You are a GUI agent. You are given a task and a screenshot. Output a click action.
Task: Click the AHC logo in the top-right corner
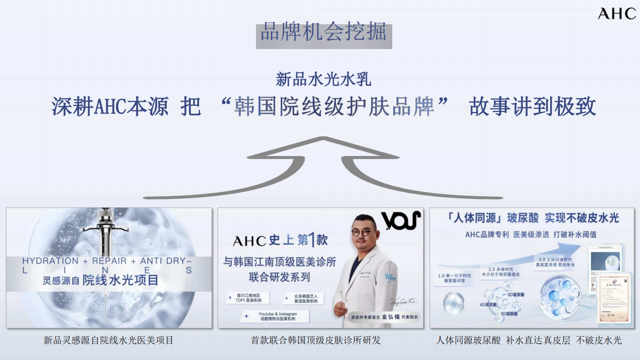pyautogui.click(x=617, y=13)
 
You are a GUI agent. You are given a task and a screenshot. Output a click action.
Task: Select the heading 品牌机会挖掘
pyautogui.click(x=324, y=32)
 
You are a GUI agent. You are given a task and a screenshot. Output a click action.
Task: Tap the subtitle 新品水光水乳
pyautogui.click(x=324, y=79)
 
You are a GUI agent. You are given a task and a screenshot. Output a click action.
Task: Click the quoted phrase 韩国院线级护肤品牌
pyautogui.click(x=334, y=106)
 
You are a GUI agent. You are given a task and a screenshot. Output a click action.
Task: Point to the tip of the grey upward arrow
pyautogui.click(x=323, y=138)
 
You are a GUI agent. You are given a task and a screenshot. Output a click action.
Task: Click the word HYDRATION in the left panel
pyautogui.click(x=51, y=261)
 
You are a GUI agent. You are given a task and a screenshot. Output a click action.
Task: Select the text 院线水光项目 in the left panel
pyautogui.click(x=120, y=281)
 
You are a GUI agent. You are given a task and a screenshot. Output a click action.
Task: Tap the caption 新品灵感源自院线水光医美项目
pyautogui.click(x=108, y=340)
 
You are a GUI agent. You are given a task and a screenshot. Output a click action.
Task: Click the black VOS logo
pyautogui.click(x=401, y=221)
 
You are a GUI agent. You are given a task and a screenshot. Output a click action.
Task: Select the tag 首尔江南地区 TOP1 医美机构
pyautogui.click(x=249, y=298)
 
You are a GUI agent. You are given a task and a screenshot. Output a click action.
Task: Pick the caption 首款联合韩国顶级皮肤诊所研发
pyautogui.click(x=316, y=340)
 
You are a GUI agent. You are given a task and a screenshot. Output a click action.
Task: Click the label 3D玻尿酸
pyautogui.click(x=516, y=294)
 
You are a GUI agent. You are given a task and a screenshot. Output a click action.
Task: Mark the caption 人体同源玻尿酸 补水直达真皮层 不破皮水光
pyautogui.click(x=529, y=340)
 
